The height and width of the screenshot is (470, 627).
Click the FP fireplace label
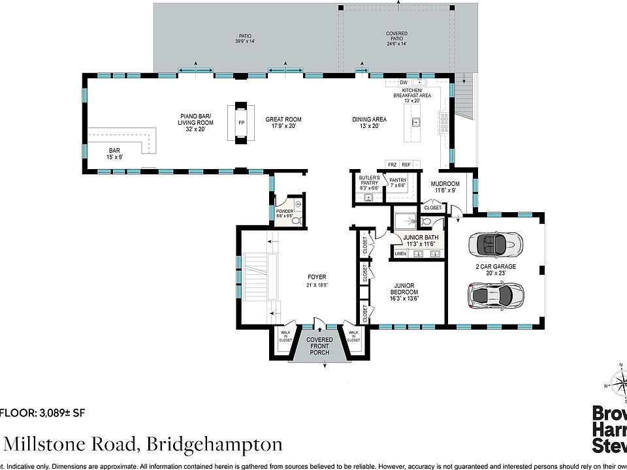pyautogui.click(x=241, y=123)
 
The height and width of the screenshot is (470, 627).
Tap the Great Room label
pyautogui.click(x=283, y=123)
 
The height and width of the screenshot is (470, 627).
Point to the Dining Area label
pyautogui.click(x=370, y=123)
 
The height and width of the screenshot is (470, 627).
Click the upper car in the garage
pyautogui.click(x=496, y=245)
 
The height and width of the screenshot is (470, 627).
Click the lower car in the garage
pyautogui.click(x=496, y=295)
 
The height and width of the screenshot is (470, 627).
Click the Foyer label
pyautogui.click(x=317, y=281)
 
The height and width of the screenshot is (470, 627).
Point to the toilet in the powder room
pyautogui.click(x=297, y=221)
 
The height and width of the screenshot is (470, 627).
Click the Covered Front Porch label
pyautogui.click(x=320, y=346)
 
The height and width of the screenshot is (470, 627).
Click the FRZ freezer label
pyautogui.click(x=392, y=164)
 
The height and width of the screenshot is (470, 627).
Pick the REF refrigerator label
pyautogui.click(x=406, y=164)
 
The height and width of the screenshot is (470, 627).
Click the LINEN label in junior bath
pyautogui.click(x=400, y=253)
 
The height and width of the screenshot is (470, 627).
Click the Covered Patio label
pyautogui.click(x=396, y=37)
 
